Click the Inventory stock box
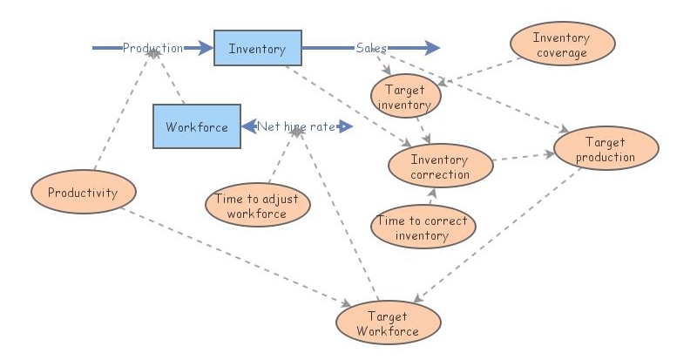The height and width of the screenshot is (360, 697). coord(257,49)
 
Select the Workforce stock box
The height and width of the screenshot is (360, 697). coord(196,126)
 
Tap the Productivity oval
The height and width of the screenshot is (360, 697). coord(83,193)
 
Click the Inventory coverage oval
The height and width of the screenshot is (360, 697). coord(562,44)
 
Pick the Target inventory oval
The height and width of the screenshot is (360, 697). coord(405,96)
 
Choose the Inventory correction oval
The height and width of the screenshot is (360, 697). coord(439,166)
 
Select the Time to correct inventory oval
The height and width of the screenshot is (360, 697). coord(423,228)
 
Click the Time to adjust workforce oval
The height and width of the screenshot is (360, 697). coord(257,206)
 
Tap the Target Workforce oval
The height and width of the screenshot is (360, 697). coord(388,323)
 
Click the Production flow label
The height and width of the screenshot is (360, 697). coord(152,49)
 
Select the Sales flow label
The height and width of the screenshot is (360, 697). coord(371,49)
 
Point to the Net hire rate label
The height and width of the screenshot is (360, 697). coord(296,127)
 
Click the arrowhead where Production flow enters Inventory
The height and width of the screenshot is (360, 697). coord(206,49)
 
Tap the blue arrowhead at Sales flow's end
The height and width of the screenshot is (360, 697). coord(432,49)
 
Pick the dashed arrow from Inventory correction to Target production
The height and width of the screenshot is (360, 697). coord(523,156)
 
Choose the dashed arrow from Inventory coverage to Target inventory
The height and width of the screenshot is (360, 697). coord(479,71)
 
